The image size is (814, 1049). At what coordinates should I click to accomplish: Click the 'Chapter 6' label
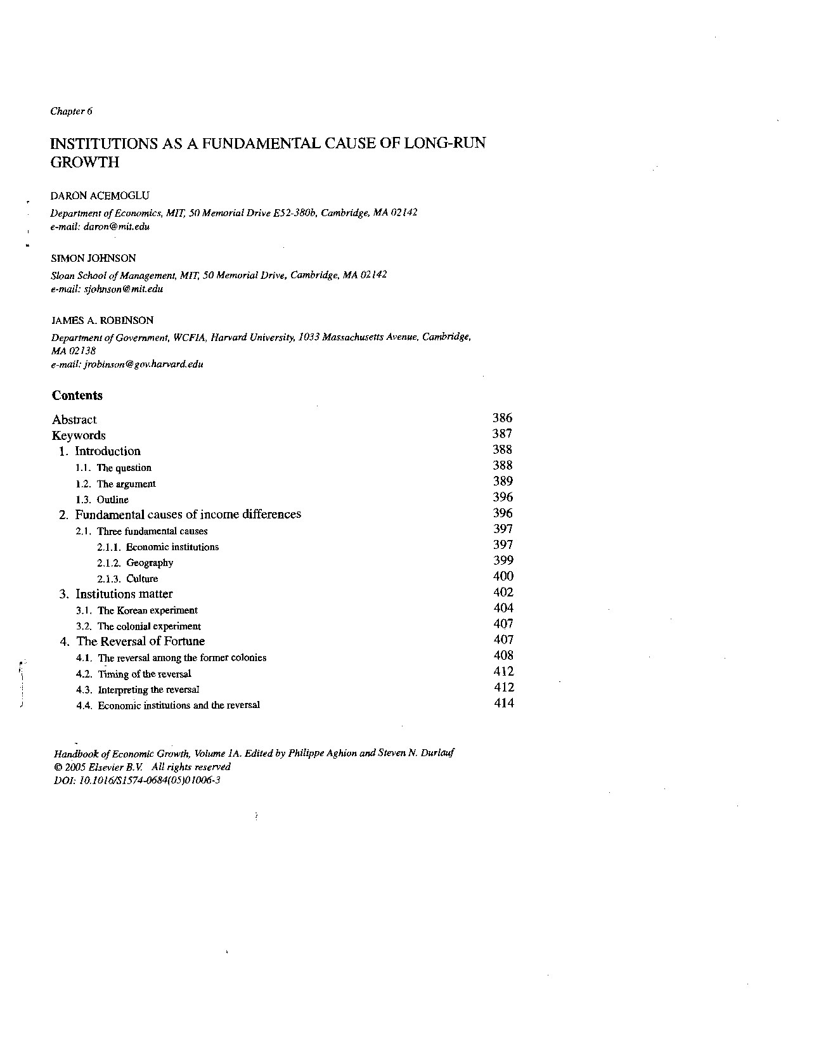(72, 112)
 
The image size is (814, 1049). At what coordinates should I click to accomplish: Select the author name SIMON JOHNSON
(93, 258)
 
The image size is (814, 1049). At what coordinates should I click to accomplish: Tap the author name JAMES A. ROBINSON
(102, 321)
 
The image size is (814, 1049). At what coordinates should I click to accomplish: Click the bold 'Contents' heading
(77, 396)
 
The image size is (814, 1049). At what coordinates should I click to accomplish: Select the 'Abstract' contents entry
(74, 420)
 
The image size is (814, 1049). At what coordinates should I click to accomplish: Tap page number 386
(502, 418)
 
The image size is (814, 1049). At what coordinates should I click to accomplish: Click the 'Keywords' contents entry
(79, 435)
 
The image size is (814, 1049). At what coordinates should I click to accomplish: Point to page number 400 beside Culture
(503, 576)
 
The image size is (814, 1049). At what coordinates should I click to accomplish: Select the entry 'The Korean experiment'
(148, 610)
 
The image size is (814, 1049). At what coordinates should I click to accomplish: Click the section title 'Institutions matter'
(124, 594)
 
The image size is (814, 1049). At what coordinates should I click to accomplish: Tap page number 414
(504, 703)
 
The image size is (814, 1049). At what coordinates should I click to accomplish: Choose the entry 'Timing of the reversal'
(145, 674)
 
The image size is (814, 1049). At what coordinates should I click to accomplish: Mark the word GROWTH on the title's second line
(85, 162)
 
